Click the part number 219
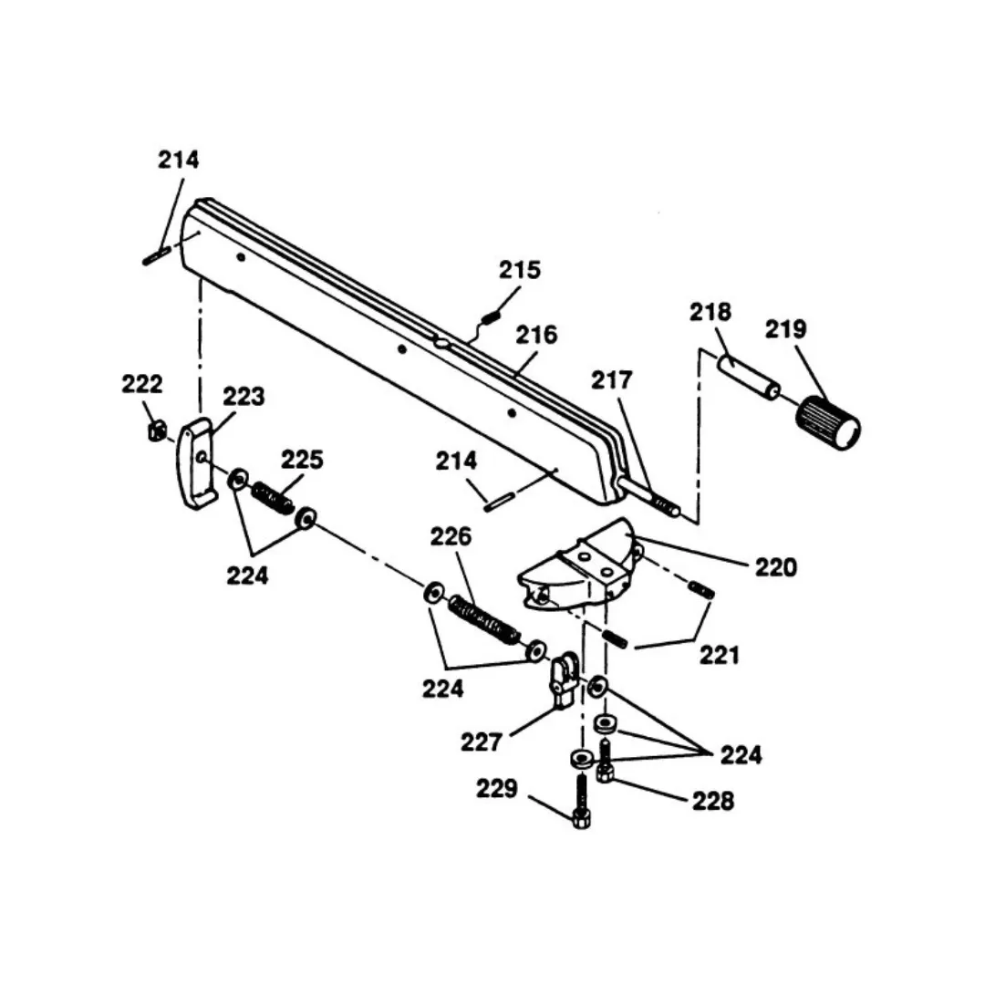pos(785,329)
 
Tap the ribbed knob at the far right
pos(828,423)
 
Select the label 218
pos(710,312)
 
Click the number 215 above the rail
pos(520,270)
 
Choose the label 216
pos(536,336)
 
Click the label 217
pos(611,380)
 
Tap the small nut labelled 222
pos(157,431)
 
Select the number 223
pos(244,397)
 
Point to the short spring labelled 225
pos(273,497)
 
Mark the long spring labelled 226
pos(484,619)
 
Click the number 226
pos(451,537)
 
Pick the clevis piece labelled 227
pos(565,679)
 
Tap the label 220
pos(776,568)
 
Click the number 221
pos(720,656)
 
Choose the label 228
pos(713,802)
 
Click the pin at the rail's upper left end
pos(157,255)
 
